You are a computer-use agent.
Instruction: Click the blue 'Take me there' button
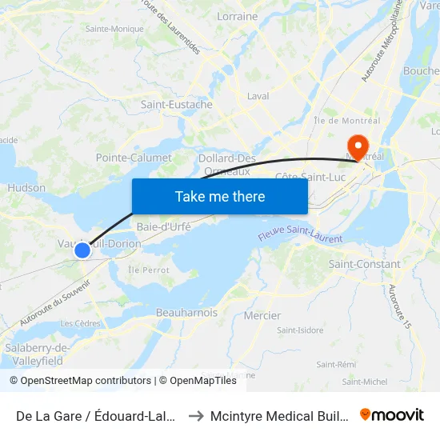click(x=220, y=196)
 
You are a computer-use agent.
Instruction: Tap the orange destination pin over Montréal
click(x=356, y=146)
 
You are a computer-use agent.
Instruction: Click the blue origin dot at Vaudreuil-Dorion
click(x=82, y=250)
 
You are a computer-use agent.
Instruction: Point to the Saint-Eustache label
click(x=177, y=105)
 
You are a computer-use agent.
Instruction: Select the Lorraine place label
click(x=238, y=16)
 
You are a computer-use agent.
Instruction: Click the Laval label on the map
click(x=258, y=96)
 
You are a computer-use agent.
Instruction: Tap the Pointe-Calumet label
click(x=134, y=158)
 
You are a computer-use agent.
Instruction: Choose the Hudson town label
click(x=26, y=188)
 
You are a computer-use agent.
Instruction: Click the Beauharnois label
click(x=187, y=313)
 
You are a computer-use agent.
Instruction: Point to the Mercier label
click(x=262, y=315)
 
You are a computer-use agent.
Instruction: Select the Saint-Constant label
click(x=365, y=264)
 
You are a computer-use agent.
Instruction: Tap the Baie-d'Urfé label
click(x=163, y=226)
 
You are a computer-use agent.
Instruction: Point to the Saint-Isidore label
click(x=300, y=330)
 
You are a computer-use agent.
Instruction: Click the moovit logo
click(x=392, y=415)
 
